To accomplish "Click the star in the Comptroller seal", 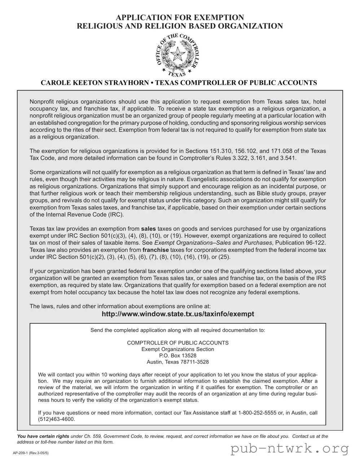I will click(x=177, y=55).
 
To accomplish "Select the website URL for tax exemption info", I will click(x=178, y=314).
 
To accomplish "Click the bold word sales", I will click(x=148, y=229).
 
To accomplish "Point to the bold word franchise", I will click(x=155, y=250).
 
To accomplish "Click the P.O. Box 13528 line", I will click(x=177, y=356).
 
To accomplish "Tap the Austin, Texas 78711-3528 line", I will click(x=177, y=362).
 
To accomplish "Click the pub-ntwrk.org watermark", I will click(x=290, y=449).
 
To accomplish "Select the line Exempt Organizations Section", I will click(x=177, y=349).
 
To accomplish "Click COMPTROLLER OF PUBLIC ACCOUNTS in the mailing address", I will click(x=177, y=343).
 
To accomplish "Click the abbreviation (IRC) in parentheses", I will click(x=116, y=215).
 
